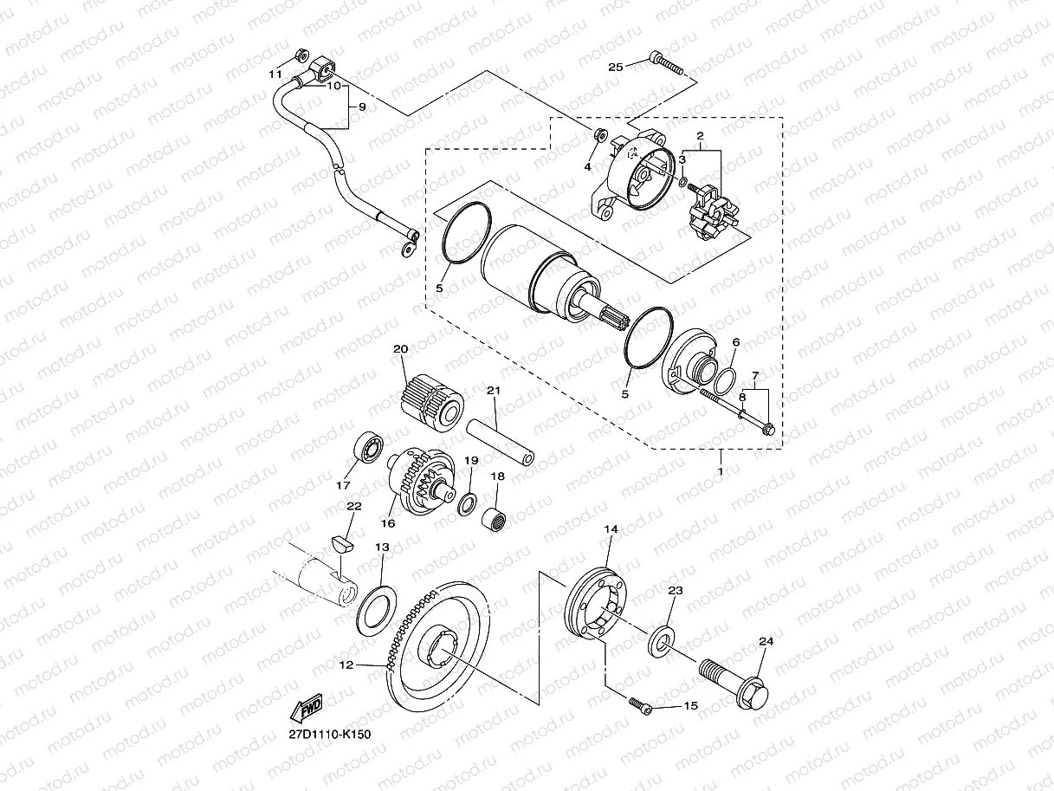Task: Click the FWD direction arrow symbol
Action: point(307,708)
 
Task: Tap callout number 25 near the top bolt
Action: point(616,67)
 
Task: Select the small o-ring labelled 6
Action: point(726,379)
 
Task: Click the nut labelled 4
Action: point(598,134)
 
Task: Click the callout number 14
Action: point(611,528)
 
